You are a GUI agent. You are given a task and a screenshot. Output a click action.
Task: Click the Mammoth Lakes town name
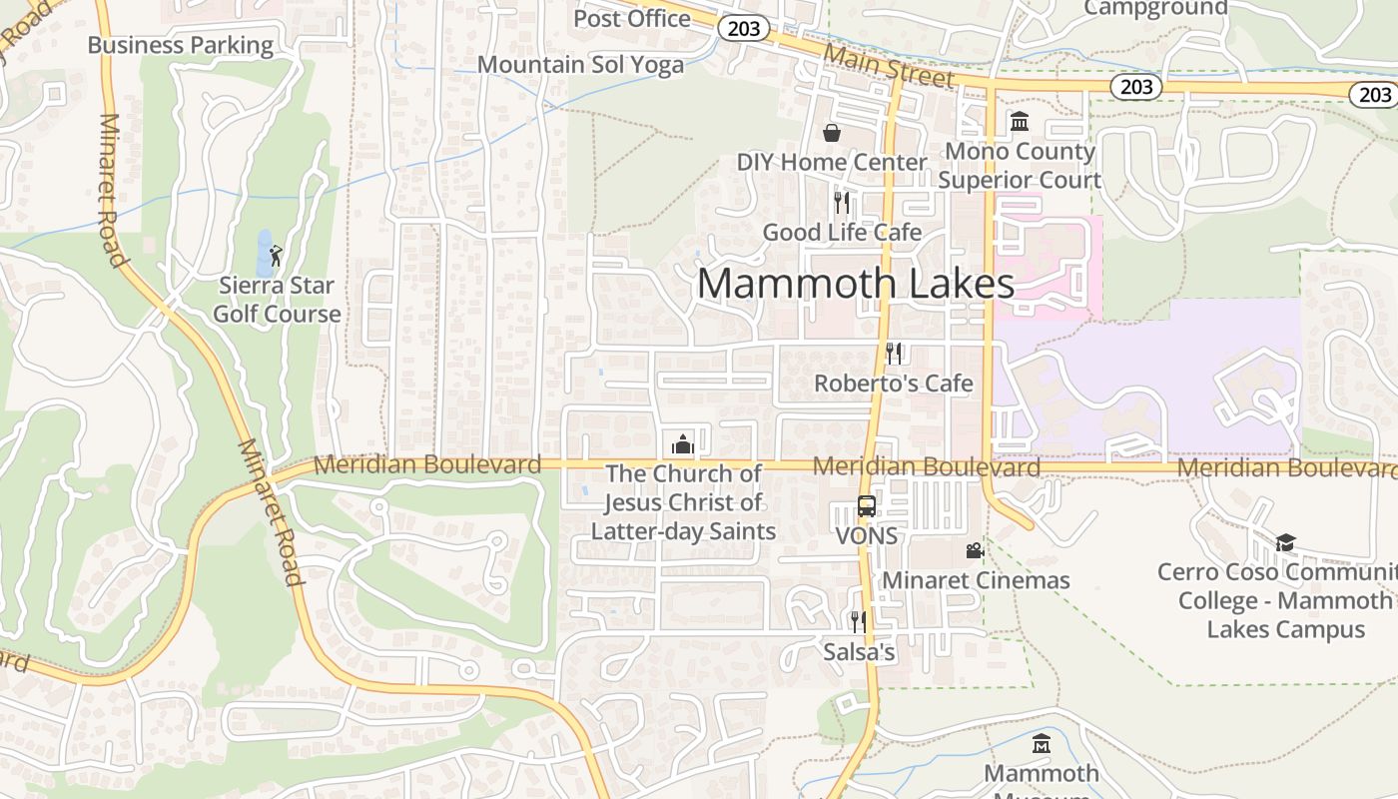tap(856, 284)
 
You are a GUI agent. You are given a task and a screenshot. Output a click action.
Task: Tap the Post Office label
tap(632, 18)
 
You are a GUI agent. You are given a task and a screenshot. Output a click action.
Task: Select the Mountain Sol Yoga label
tap(580, 65)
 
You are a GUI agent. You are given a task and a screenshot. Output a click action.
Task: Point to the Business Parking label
tap(181, 45)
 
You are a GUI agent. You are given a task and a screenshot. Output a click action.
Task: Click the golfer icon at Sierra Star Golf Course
tap(276, 256)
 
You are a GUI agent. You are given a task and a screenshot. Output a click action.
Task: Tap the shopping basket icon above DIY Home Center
tap(831, 133)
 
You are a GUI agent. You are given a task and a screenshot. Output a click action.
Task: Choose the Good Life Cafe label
tap(842, 233)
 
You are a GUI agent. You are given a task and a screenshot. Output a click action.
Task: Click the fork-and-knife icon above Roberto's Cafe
tap(894, 353)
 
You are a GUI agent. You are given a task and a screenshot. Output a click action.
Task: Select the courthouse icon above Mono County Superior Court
tap(1020, 122)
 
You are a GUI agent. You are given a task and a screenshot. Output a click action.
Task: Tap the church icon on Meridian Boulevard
tap(683, 443)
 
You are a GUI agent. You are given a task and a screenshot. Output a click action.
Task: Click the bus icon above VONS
tap(867, 506)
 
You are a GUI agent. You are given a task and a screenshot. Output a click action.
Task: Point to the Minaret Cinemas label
tap(976, 580)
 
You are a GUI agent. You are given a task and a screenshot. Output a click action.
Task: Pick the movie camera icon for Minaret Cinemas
tap(975, 550)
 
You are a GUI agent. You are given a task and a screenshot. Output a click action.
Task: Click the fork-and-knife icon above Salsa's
tap(858, 622)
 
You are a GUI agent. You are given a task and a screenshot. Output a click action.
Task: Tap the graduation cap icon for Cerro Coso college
tap(1285, 542)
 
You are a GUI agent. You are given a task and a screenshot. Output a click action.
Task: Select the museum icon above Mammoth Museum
tap(1042, 744)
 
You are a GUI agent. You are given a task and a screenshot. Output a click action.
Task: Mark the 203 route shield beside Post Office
tap(744, 29)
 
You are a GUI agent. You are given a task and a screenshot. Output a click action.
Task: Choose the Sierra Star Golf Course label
tap(277, 300)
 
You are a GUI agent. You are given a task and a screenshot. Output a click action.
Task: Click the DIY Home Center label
tap(832, 162)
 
